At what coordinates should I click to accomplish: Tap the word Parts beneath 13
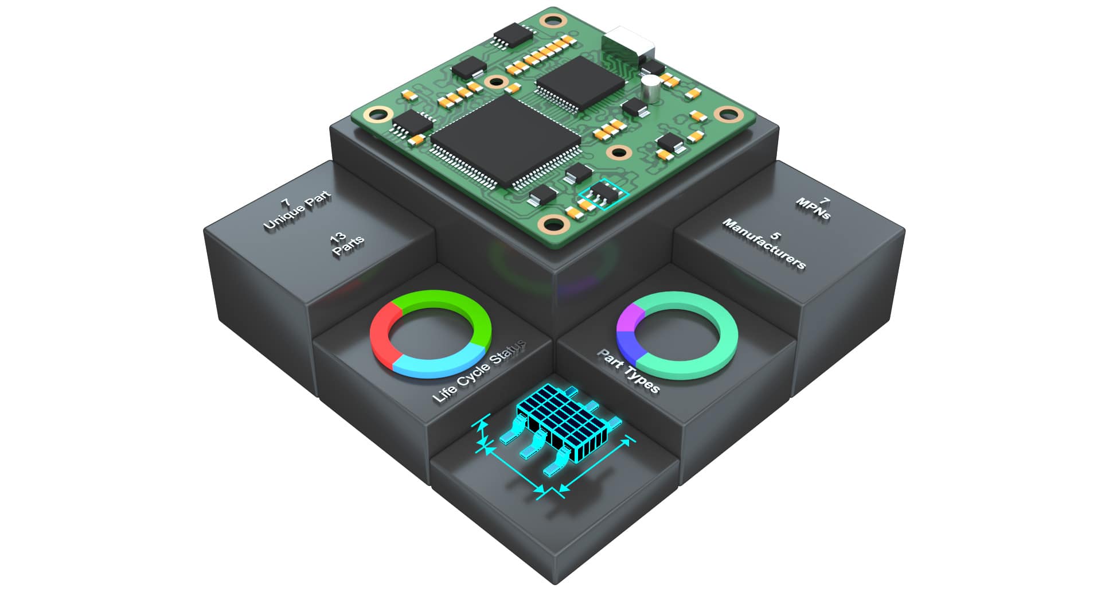click(x=348, y=247)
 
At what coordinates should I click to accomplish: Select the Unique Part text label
click(x=297, y=211)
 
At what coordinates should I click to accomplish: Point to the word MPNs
click(x=813, y=209)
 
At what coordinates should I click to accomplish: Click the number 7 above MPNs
click(x=825, y=201)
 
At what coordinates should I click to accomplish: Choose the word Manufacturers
click(x=764, y=244)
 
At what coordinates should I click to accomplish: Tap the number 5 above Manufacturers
click(x=775, y=235)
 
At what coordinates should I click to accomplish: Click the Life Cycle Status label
click(x=479, y=371)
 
